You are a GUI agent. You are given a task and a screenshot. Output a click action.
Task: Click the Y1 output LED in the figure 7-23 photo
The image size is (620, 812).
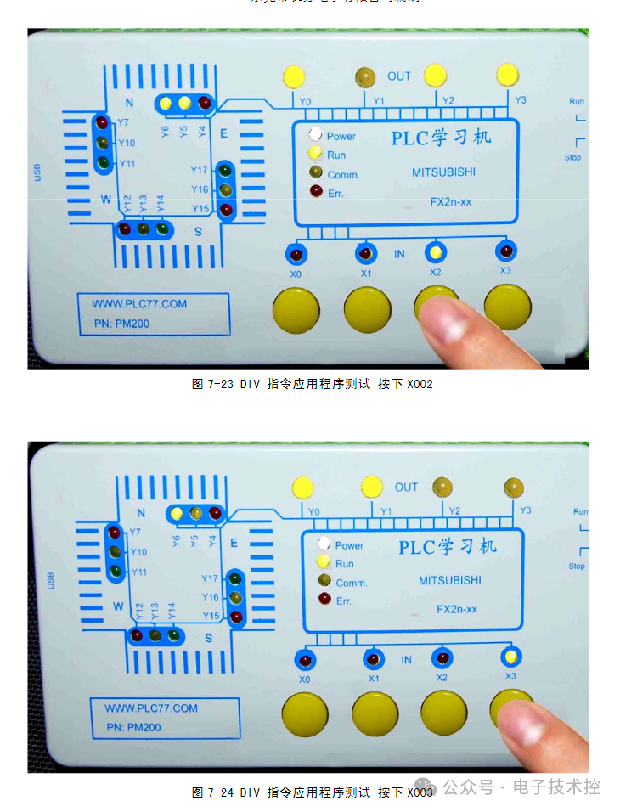[x=366, y=77]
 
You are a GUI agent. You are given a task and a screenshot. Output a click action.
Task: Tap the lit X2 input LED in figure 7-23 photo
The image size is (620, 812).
[x=436, y=252]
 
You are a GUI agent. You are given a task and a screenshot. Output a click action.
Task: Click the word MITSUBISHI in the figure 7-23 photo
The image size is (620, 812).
[x=443, y=172]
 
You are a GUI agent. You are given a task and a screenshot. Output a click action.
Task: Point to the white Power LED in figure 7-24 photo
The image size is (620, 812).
[x=324, y=544]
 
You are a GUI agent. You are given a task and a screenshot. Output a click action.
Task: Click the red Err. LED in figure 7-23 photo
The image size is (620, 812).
[x=316, y=192]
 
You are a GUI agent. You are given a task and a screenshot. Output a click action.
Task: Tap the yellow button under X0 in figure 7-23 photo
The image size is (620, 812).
[x=296, y=309]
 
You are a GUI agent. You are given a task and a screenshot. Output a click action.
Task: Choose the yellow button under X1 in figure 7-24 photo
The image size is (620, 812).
[x=375, y=713]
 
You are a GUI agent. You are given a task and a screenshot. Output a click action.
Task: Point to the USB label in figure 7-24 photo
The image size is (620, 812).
[x=50, y=581]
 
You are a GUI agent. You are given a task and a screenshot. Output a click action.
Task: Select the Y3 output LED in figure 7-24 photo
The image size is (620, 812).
[x=513, y=487]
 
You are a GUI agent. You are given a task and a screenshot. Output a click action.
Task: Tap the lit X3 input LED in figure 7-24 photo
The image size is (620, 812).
[x=510, y=657]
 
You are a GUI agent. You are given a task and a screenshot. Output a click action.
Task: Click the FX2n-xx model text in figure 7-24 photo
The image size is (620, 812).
[x=457, y=609]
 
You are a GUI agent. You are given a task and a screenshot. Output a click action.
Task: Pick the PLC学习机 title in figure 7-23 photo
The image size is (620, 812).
[x=441, y=137]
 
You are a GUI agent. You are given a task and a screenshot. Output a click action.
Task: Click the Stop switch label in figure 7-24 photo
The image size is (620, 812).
[x=577, y=566]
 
